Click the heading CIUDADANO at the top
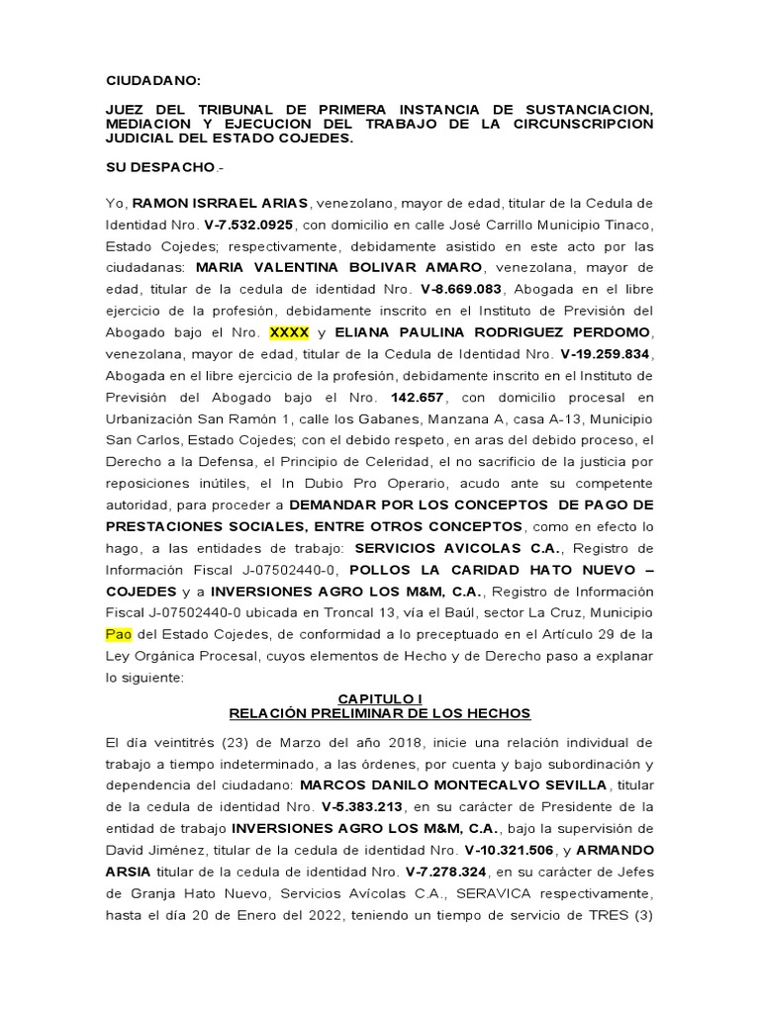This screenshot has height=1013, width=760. pos(152,81)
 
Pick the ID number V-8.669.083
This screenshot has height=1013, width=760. pos(461,289)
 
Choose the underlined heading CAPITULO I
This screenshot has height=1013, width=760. pos(380,698)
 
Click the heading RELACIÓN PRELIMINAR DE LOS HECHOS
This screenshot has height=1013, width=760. pos(380,712)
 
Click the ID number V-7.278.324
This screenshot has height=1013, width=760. pos(448,872)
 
